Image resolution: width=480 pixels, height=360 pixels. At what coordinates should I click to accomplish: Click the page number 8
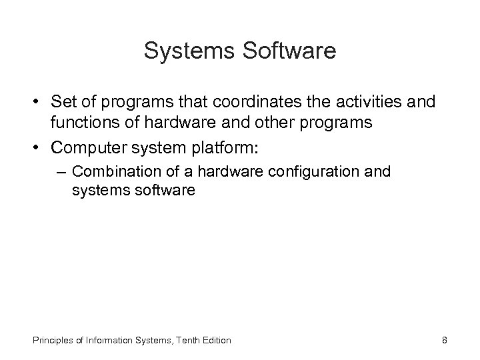(444, 340)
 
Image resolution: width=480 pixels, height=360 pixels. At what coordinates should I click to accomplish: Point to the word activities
(375, 102)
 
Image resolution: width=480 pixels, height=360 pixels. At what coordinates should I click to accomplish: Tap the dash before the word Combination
(62, 171)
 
